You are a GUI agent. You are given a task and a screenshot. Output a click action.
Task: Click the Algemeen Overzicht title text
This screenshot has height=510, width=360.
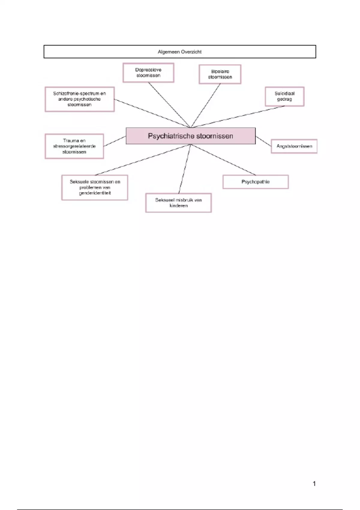pyautogui.click(x=179, y=52)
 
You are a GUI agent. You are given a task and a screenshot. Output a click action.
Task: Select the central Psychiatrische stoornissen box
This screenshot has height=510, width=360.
pyautogui.click(x=190, y=136)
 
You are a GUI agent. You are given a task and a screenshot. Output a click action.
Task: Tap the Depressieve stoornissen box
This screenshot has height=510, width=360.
pyautogui.click(x=148, y=73)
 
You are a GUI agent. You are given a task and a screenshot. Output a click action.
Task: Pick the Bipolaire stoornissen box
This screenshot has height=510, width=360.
pyautogui.click(x=220, y=74)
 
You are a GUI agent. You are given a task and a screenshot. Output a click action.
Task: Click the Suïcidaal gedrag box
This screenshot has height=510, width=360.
pyautogui.click(x=284, y=96)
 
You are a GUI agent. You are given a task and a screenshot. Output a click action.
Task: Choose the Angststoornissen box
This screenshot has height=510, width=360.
pyautogui.click(x=294, y=146)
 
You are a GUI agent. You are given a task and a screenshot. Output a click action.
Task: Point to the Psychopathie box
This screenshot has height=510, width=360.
pyautogui.click(x=255, y=182)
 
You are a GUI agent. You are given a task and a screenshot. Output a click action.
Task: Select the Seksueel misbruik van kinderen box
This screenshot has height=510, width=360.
pyautogui.click(x=178, y=203)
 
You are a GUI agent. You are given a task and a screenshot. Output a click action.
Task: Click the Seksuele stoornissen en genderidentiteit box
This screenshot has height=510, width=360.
pyautogui.click(x=95, y=187)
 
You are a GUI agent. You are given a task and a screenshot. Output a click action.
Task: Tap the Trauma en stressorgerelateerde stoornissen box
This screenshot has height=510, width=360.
pyautogui.click(x=74, y=146)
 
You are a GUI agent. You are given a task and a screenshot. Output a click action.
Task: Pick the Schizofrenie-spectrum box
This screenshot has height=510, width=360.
pyautogui.click(x=79, y=99)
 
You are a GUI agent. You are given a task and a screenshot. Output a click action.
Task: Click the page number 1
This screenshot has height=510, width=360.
pyautogui.click(x=314, y=484)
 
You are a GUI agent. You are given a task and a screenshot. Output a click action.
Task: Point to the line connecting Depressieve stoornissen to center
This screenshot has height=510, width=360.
pyautogui.click(x=169, y=105)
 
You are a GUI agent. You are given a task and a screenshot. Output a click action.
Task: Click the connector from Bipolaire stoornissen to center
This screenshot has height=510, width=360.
pyautogui.click(x=205, y=105)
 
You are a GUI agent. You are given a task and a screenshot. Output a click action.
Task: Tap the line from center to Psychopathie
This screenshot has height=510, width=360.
pyautogui.click(x=223, y=160)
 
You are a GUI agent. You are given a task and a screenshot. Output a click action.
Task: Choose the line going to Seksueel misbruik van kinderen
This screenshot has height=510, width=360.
pyautogui.click(x=184, y=169)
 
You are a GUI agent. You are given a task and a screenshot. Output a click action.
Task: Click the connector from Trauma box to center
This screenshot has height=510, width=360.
pyautogui.click(x=115, y=141)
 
